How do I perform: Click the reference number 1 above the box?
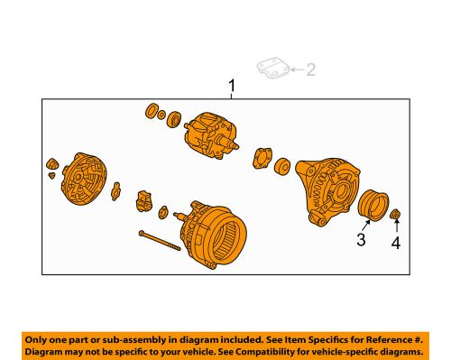pyautogui.click(x=232, y=87)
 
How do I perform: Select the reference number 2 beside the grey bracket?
pyautogui.click(x=311, y=69)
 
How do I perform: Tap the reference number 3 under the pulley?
pyautogui.click(x=360, y=240)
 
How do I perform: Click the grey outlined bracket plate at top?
pyautogui.click(x=272, y=68)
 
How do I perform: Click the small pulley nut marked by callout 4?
pyautogui.click(x=396, y=214)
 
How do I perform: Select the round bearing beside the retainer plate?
pyautogui.click(x=282, y=166)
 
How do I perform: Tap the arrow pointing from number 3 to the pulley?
pyautogui.click(x=364, y=226)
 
